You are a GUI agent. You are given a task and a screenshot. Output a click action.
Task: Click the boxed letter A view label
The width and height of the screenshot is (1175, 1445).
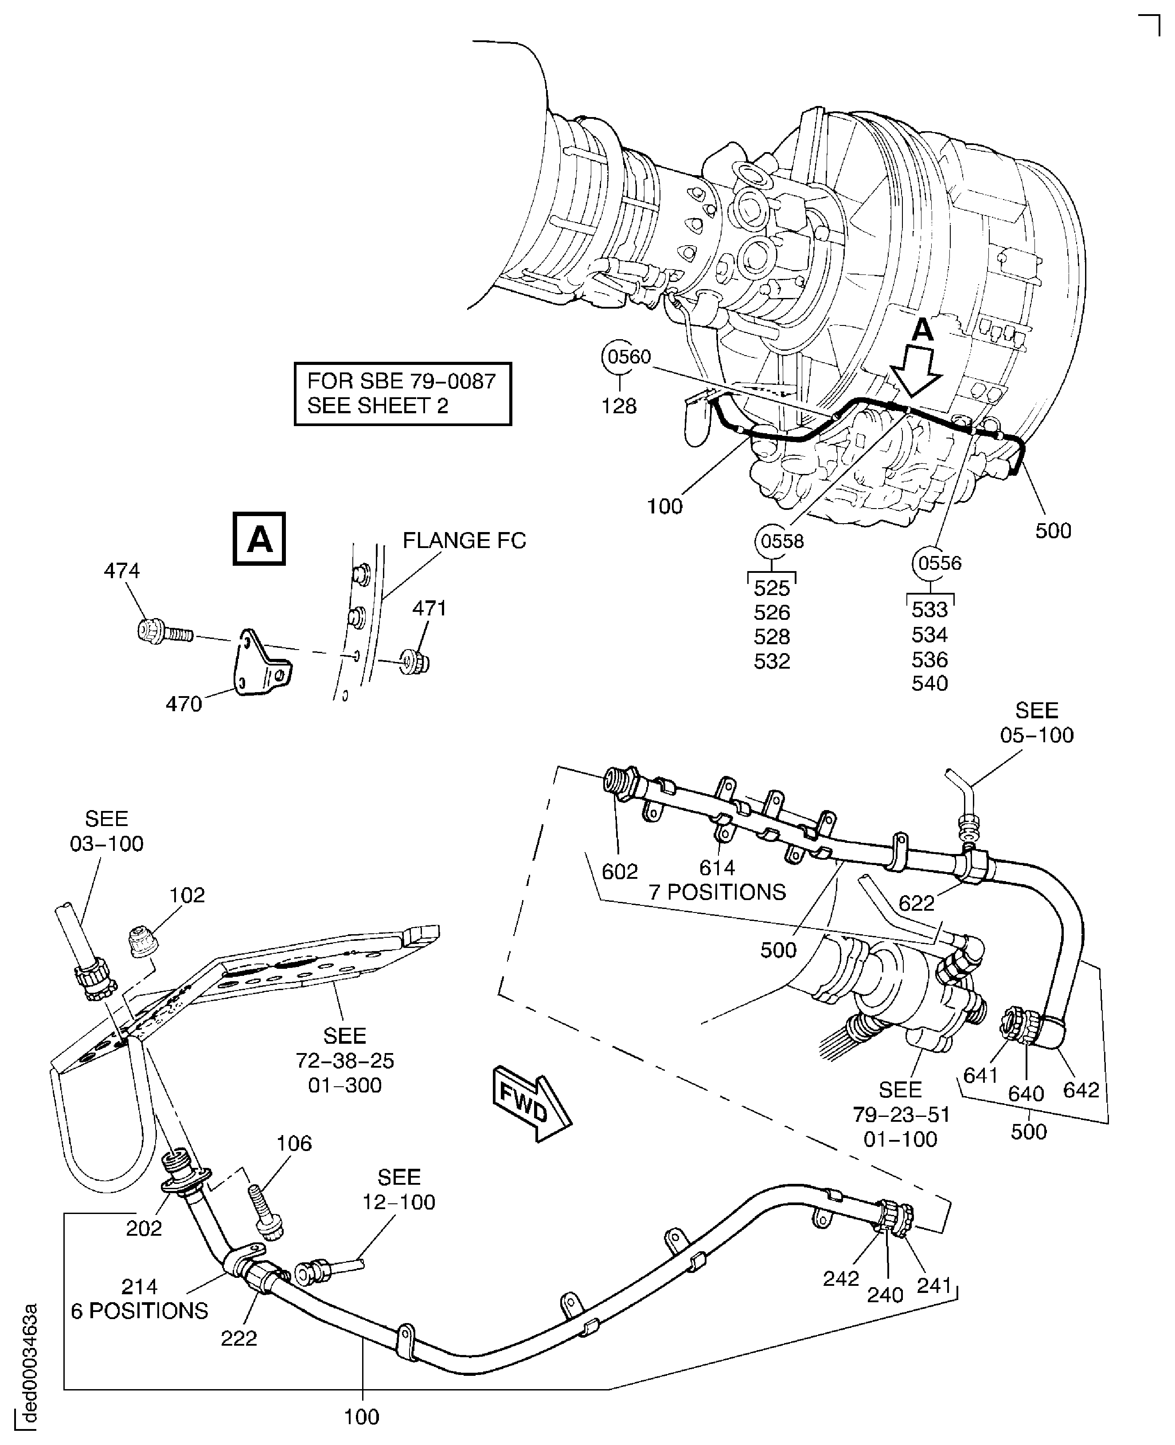259,539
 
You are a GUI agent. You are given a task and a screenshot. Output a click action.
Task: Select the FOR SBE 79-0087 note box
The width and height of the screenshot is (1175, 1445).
403,393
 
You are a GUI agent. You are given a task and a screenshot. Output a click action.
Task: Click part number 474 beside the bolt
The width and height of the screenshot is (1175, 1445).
122,571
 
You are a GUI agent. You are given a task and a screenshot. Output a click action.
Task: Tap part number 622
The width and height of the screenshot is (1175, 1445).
917,903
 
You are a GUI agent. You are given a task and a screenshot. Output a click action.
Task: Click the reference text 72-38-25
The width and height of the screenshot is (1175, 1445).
345,1061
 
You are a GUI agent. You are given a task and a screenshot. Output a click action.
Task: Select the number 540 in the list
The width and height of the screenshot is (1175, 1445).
929,683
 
